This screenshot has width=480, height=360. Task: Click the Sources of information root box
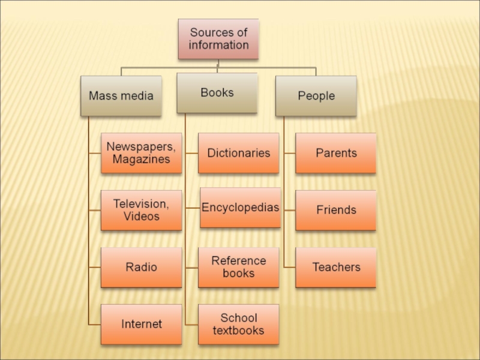(218, 38)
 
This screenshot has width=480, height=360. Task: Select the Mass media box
(121, 95)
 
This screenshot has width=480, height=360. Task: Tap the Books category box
(217, 93)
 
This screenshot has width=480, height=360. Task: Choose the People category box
(316, 95)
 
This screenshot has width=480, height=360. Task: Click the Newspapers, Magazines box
(141, 153)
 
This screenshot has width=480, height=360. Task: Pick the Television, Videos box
(141, 210)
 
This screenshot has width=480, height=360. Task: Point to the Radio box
(141, 267)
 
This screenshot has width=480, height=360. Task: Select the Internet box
(141, 324)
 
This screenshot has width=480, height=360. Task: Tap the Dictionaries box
(239, 153)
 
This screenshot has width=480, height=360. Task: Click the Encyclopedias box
(240, 208)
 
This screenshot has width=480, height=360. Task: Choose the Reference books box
(239, 267)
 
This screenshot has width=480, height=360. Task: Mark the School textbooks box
(239, 324)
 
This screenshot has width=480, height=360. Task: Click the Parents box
(336, 153)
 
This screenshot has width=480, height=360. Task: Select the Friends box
(336, 210)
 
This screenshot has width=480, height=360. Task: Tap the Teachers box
(336, 267)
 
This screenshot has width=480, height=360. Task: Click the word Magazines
(141, 160)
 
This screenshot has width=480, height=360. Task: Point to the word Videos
(142, 217)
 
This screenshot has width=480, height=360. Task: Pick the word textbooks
(239, 331)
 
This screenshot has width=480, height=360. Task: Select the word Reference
(239, 260)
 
